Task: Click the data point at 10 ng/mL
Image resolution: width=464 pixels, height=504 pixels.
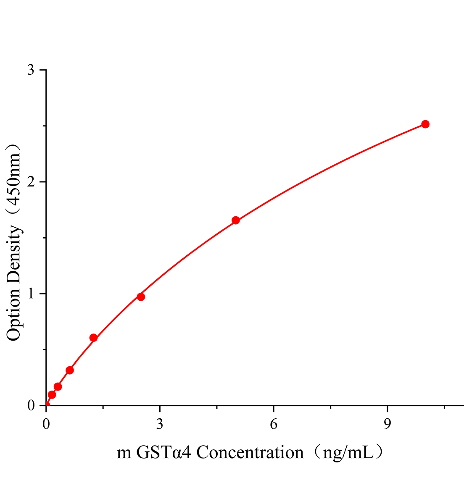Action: (425, 124)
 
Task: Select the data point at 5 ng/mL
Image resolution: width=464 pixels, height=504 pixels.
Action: (236, 220)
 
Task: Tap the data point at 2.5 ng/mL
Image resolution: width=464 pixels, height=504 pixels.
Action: (141, 297)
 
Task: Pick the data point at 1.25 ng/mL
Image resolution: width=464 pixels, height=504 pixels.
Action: (94, 338)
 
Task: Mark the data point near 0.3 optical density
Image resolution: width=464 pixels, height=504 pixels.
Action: (70, 370)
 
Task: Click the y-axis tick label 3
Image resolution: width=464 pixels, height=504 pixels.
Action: (31, 70)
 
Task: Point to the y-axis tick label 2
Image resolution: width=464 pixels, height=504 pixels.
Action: (31, 182)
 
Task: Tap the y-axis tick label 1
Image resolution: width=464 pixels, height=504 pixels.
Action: (31, 294)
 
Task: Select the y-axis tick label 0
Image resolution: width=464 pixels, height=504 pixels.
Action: (31, 405)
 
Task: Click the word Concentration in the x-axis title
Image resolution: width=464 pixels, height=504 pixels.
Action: (250, 453)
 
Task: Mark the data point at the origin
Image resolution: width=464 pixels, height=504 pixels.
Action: (47, 405)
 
